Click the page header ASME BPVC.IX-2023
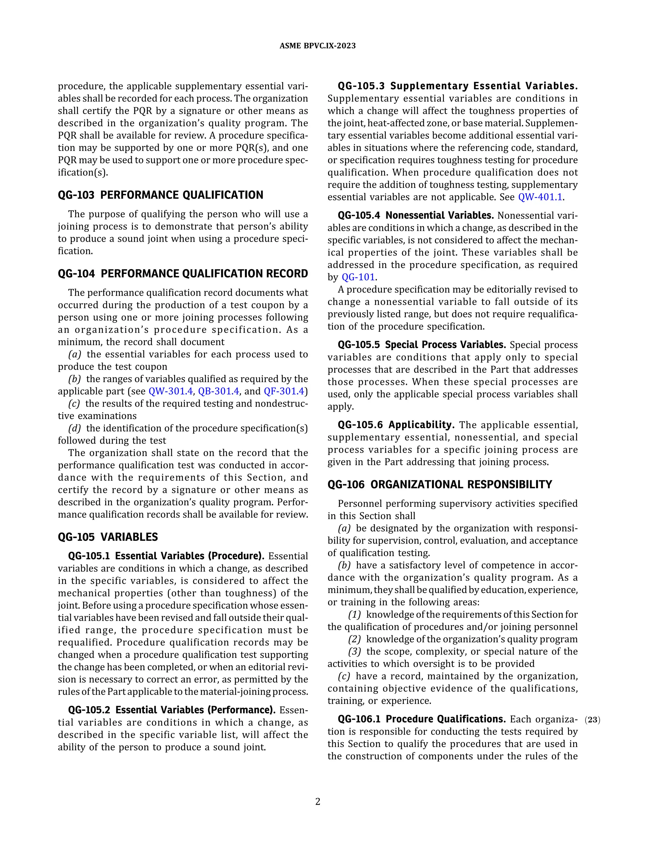(x=317, y=46)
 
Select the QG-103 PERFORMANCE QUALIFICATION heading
(x=160, y=195)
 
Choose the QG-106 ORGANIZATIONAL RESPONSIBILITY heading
(x=440, y=484)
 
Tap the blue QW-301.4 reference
(x=171, y=391)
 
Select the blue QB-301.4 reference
(x=218, y=391)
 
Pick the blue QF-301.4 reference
(x=284, y=391)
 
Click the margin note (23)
(x=592, y=720)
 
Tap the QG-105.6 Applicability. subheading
(x=396, y=425)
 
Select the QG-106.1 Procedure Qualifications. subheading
(x=422, y=719)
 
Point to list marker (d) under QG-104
(x=75, y=428)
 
